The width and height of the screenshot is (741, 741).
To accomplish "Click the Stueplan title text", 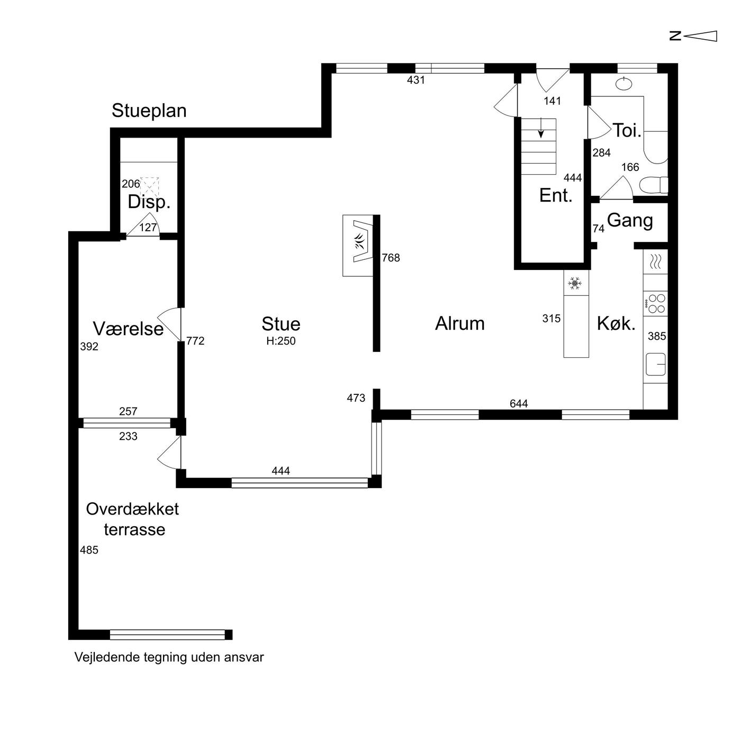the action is [x=149, y=111].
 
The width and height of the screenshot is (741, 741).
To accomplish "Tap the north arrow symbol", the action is [x=693, y=36].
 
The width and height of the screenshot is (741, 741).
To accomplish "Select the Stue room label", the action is [x=281, y=324].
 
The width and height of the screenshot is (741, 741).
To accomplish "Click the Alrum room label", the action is [x=459, y=323].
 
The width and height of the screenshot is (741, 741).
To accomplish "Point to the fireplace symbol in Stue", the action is [x=358, y=246].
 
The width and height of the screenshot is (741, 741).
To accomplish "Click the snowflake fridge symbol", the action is [x=575, y=284].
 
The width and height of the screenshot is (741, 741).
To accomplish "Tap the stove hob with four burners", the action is [x=655, y=304].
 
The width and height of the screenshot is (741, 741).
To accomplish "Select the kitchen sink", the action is [x=655, y=364].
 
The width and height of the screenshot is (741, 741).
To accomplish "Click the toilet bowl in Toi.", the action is [x=653, y=185].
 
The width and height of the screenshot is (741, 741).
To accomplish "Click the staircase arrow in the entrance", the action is [x=541, y=129].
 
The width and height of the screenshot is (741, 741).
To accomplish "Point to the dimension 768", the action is [x=391, y=258].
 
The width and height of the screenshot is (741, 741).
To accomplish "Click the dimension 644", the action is [x=519, y=403].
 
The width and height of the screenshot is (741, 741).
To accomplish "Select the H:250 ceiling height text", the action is [x=281, y=341].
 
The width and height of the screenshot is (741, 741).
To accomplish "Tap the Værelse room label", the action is [x=128, y=329].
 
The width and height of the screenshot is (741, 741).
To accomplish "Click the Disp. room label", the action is [x=149, y=202].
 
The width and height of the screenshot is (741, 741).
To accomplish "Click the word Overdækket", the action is [x=132, y=509].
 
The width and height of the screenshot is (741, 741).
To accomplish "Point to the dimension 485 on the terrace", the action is [x=89, y=550].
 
